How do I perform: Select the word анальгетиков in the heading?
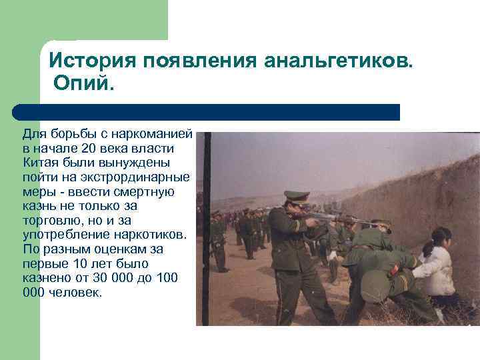[x=339, y=61]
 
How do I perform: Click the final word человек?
[x=75, y=293]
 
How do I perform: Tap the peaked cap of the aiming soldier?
[x=295, y=197]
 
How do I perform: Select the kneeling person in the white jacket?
[x=437, y=267]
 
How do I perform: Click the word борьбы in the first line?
[x=67, y=134]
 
